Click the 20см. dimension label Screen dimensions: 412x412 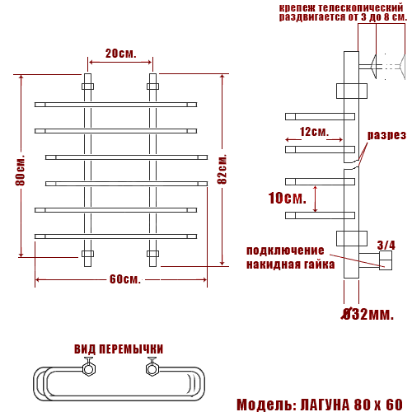[x=121, y=54]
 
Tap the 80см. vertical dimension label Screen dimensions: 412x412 [x=21, y=171]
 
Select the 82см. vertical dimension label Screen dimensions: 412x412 [x=222, y=169]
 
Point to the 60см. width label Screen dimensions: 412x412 [x=125, y=279]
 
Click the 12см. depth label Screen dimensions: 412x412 [x=314, y=132]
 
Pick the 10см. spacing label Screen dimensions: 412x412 [x=288, y=198]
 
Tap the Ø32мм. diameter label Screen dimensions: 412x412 [x=368, y=314]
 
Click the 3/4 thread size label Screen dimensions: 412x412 [x=386, y=246]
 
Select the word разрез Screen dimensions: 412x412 [x=386, y=135]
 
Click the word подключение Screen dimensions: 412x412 [x=285, y=250]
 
